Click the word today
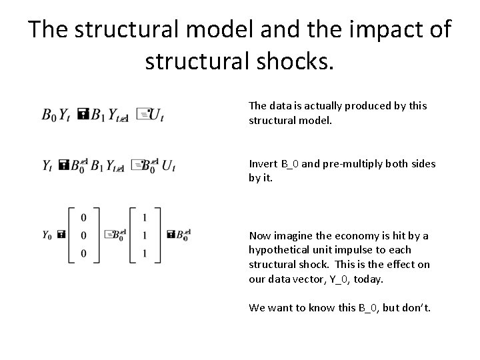(369, 279)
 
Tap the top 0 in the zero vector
(83, 217)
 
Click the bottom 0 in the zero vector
(83, 252)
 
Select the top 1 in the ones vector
(145, 217)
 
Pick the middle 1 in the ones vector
(145, 235)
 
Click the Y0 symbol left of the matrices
(47, 235)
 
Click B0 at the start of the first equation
(49, 115)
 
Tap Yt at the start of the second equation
(48, 164)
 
